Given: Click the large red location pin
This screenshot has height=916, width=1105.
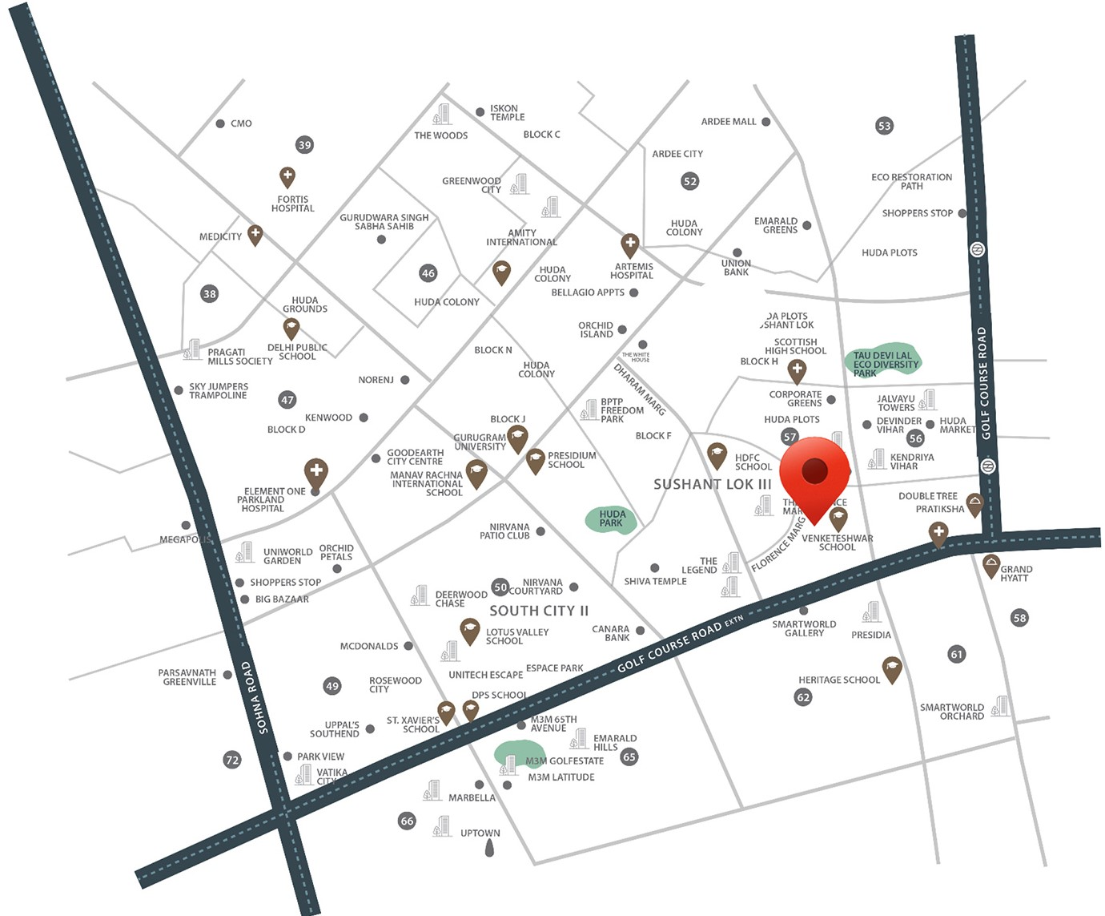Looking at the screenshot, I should point(814,474).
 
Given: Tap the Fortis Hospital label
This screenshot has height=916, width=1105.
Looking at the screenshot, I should point(292,204).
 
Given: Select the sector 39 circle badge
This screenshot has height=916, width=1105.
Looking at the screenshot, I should point(304,145).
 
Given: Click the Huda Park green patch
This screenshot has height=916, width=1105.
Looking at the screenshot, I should point(611,518).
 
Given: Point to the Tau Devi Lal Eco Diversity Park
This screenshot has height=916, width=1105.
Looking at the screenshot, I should point(884,363).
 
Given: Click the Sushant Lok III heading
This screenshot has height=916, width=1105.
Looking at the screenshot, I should point(712,484).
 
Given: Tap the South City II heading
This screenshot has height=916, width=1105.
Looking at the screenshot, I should point(539,611).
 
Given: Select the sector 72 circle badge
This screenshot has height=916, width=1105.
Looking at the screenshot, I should point(232,759).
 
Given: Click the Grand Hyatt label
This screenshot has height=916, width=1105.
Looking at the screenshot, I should point(1015,574).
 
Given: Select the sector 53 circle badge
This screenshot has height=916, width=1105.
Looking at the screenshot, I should point(884,126).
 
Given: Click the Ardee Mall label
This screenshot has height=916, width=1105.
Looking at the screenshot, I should point(728,122).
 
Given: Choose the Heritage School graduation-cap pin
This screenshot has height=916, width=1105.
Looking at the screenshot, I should point(892,668).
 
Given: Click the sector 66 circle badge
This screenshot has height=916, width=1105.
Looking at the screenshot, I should point(407,821).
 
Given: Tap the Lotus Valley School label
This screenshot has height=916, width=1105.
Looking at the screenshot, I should point(516,636).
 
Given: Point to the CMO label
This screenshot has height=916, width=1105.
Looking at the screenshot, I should point(241,123).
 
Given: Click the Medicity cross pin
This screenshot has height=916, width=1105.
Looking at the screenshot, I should point(255,234).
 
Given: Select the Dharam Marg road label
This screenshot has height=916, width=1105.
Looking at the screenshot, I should point(639,389).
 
